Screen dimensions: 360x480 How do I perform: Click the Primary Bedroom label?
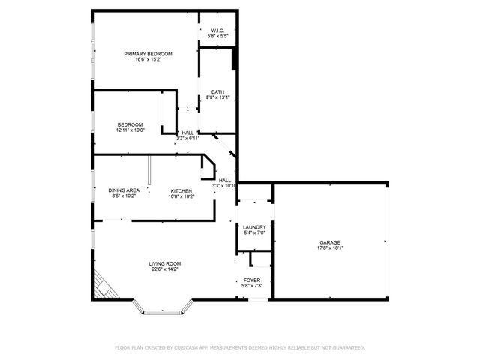148,54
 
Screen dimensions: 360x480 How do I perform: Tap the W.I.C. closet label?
217,31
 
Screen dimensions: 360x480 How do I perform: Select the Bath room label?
217,92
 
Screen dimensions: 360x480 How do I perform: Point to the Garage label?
330,242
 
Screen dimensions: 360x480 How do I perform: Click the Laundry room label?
255,227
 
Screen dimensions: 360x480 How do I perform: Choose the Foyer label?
251,280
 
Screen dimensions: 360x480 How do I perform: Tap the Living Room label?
164,263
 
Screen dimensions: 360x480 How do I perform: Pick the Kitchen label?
181,190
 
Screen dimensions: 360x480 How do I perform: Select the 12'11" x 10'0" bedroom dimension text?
130,130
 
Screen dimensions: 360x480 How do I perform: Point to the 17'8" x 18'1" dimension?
330,248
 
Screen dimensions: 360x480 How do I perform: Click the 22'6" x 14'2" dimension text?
164,269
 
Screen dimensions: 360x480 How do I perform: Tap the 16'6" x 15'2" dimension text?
148,60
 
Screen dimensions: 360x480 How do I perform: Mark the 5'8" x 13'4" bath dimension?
217,98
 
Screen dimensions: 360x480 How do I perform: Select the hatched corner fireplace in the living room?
104,287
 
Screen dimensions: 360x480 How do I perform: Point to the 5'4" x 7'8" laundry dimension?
255,233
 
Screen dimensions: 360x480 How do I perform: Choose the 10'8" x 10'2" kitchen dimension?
181,196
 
